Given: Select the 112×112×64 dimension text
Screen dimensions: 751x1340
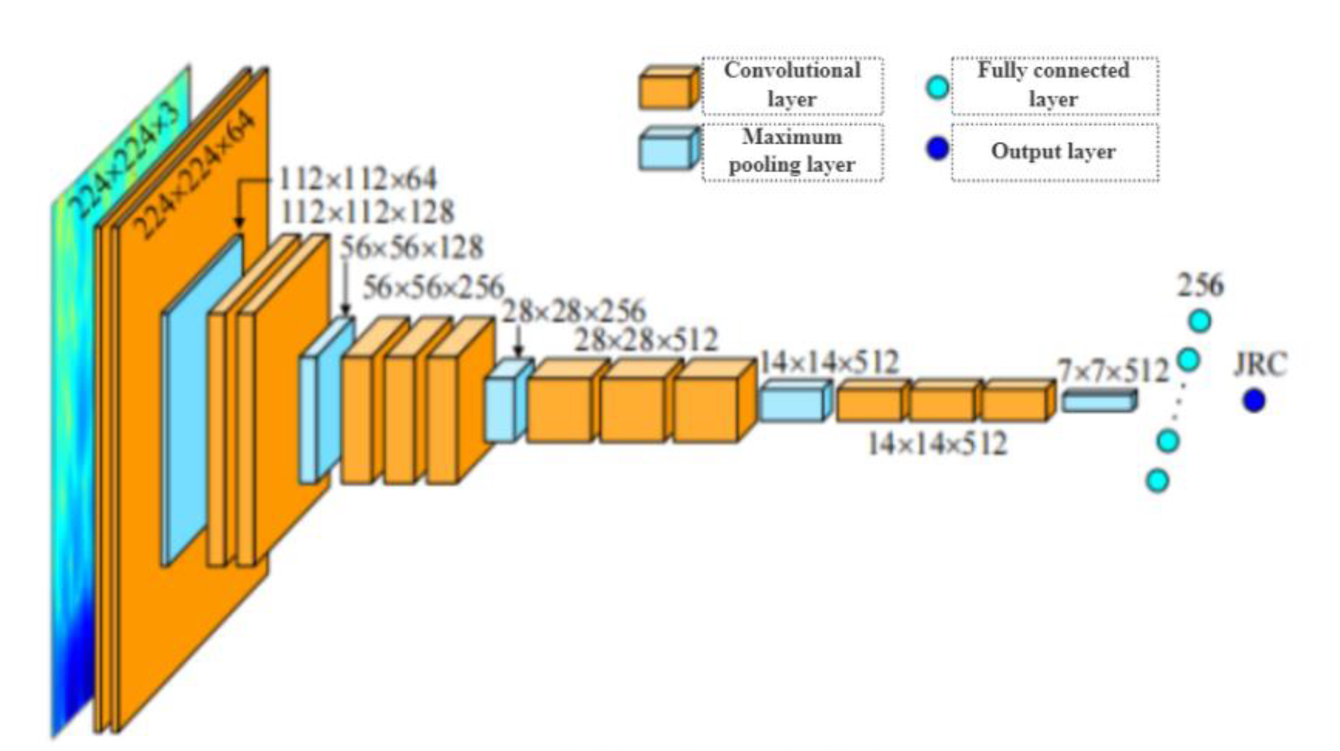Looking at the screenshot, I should coord(358,180).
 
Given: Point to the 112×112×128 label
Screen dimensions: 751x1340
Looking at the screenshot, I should coord(367,213).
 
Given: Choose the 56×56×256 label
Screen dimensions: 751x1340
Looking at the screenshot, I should coord(433,287).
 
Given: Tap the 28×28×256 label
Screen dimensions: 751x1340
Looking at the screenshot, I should coord(573,311).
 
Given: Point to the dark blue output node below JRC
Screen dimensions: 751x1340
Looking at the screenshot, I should coord(1254,401).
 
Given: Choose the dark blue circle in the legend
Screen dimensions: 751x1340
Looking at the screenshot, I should coord(937,149).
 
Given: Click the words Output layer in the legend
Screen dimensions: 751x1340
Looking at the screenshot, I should coord(1053,152).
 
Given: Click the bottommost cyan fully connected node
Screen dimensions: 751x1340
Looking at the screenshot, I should coord(1158,480).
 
